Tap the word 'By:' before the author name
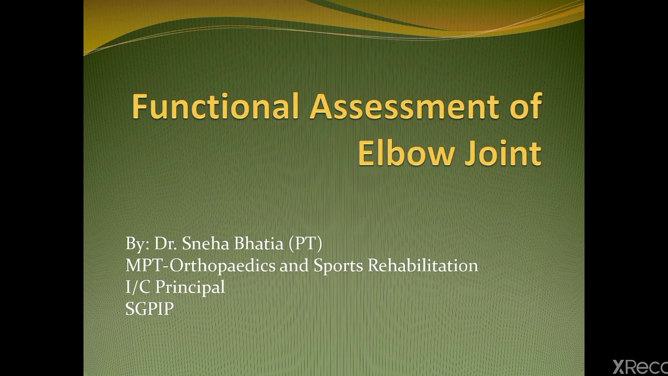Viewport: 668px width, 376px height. coord(138,244)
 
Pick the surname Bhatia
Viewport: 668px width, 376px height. coord(259,244)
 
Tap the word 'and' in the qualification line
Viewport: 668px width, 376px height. coord(294,265)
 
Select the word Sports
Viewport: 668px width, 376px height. coord(338,266)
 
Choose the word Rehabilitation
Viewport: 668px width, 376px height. coord(423,265)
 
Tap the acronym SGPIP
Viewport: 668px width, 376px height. coord(149,309)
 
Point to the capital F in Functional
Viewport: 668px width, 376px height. coord(139,106)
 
